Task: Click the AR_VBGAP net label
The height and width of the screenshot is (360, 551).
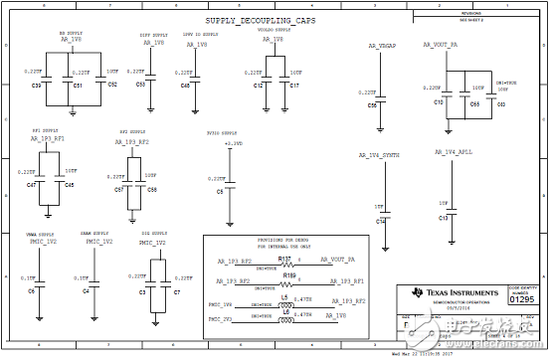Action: [x=382, y=46]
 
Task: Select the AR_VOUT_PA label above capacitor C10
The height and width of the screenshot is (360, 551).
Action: [x=438, y=46]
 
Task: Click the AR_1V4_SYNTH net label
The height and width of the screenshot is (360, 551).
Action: [x=380, y=156]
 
